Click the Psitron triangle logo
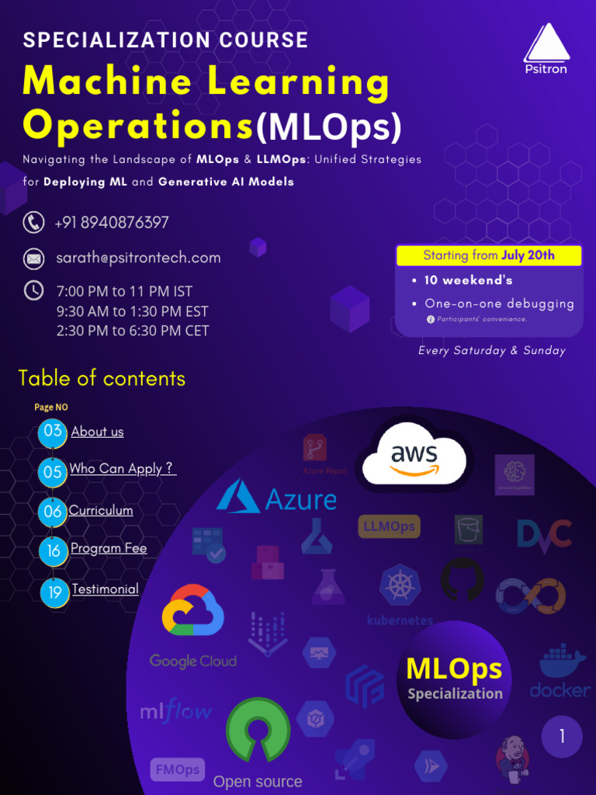point(546,43)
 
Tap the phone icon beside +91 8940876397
point(33,223)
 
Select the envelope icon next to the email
point(33,258)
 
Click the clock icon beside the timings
point(33,291)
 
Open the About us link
point(97,432)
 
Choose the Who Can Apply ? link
point(123,469)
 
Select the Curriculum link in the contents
point(101,510)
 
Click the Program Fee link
point(109,548)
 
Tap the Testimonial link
point(105,589)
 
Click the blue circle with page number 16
point(53,550)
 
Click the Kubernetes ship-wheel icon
point(400,585)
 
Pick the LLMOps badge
point(390,527)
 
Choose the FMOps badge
point(178,770)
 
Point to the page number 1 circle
point(562,736)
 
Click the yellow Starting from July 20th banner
point(489,255)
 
